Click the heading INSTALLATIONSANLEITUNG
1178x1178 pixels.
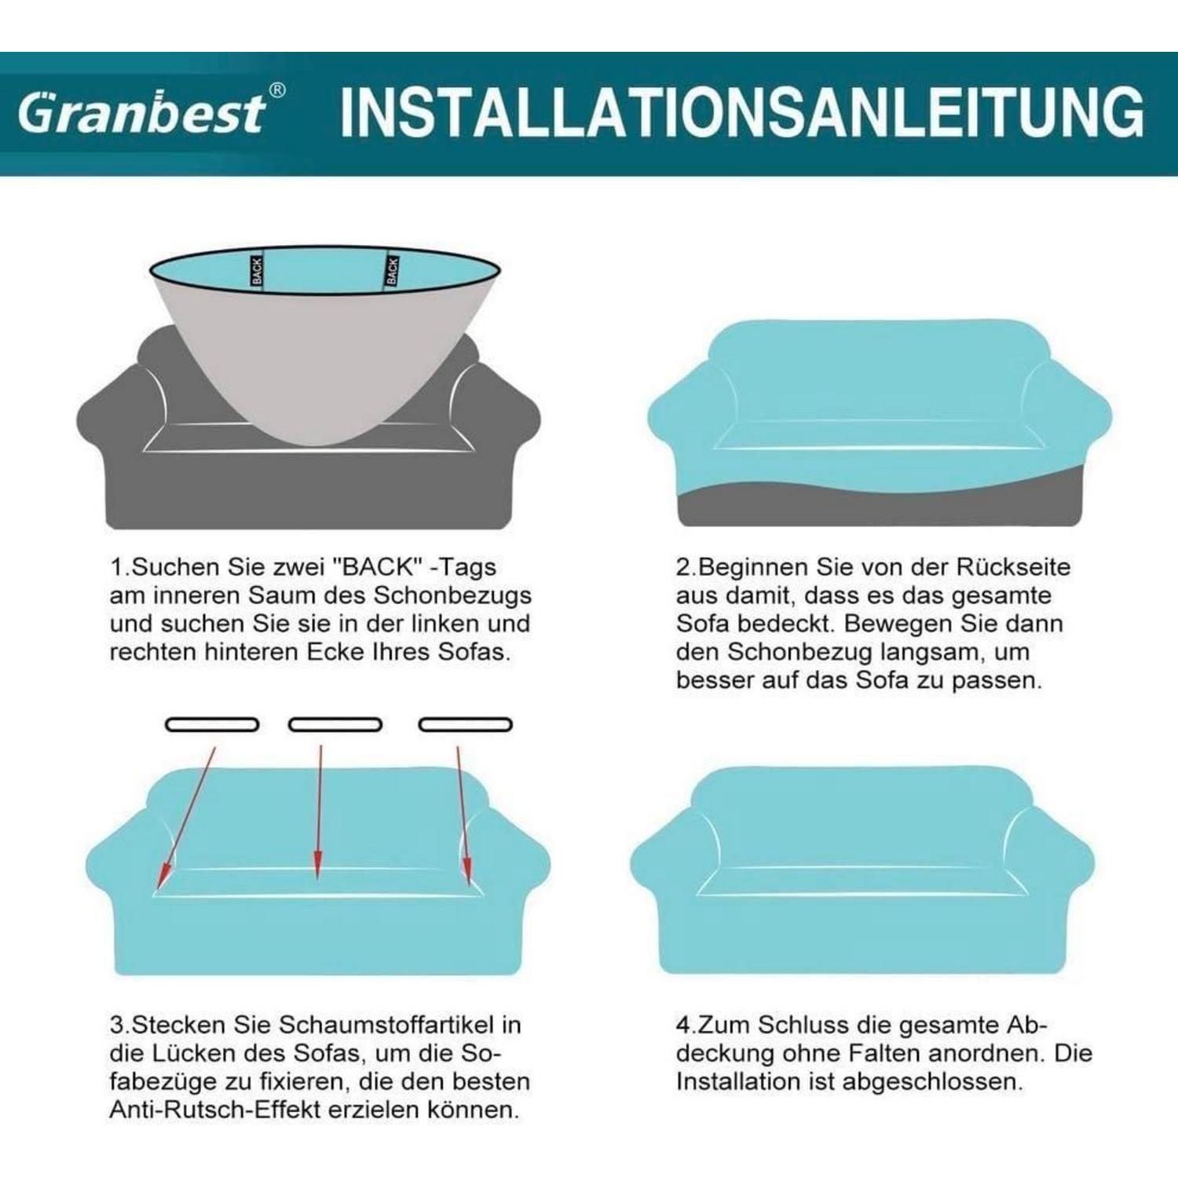click(741, 113)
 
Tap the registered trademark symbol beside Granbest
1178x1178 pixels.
click(277, 91)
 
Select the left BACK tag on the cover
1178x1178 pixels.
click(257, 271)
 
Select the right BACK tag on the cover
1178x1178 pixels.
click(392, 271)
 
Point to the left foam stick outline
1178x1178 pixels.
click(212, 724)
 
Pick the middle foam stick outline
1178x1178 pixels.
click(335, 724)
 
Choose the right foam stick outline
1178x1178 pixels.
click(466, 724)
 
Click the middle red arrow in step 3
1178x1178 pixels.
click(319, 811)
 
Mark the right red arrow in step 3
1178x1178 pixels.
click(464, 815)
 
